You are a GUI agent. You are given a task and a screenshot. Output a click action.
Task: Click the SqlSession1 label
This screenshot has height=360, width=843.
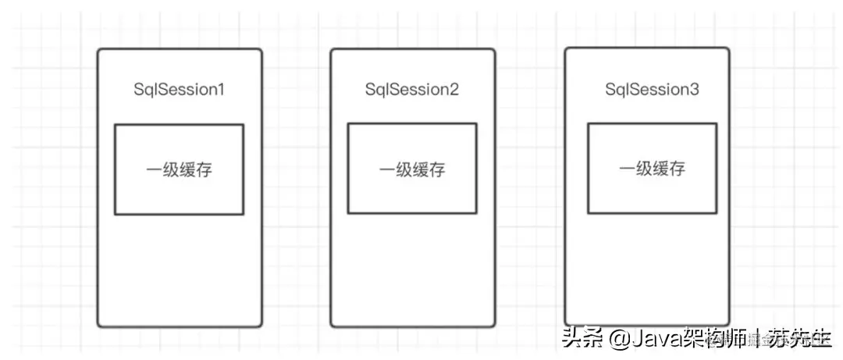pyautogui.click(x=179, y=89)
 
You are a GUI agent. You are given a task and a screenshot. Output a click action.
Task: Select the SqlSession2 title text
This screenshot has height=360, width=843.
pyautogui.click(x=411, y=89)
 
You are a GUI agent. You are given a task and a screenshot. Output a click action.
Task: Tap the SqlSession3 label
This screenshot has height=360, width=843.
pyautogui.click(x=653, y=89)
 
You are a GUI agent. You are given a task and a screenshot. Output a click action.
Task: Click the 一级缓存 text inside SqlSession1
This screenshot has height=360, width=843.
pyautogui.click(x=179, y=170)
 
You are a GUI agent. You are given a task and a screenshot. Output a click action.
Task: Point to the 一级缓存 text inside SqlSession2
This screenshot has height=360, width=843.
pyautogui.click(x=411, y=170)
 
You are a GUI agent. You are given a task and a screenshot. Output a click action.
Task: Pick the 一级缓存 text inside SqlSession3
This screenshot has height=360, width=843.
pyautogui.click(x=652, y=169)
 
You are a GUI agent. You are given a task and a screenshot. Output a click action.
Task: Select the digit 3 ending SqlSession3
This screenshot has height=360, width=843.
pyautogui.click(x=695, y=89)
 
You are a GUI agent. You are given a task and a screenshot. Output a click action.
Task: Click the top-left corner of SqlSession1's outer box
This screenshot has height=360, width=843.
pyautogui.click(x=99, y=51)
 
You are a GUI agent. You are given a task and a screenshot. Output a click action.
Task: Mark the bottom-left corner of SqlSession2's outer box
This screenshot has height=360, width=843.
pyautogui.click(x=332, y=325)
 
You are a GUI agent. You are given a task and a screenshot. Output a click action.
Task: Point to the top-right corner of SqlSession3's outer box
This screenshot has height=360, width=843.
pyautogui.click(x=728, y=49)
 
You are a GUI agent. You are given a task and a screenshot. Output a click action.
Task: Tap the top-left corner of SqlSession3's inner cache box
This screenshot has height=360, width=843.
pyautogui.click(x=588, y=123)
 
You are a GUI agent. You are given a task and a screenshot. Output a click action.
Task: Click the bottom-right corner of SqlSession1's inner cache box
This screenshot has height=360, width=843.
pyautogui.click(x=243, y=213)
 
